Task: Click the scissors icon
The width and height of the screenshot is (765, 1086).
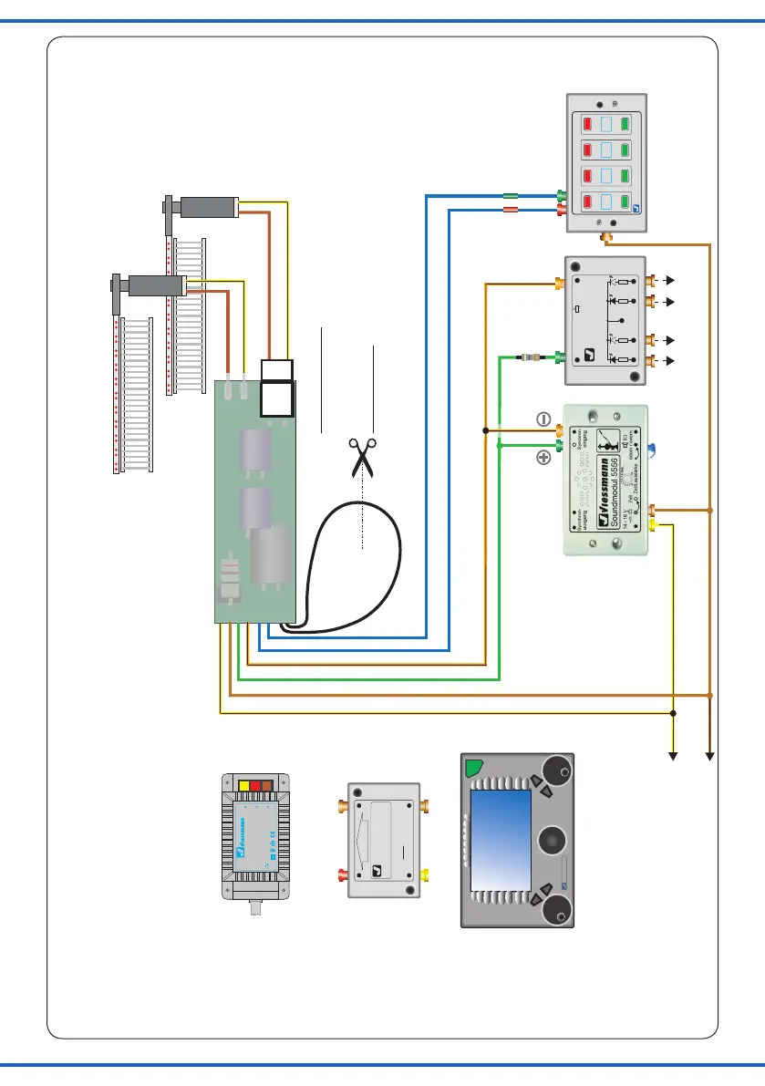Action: pyautogui.click(x=362, y=455)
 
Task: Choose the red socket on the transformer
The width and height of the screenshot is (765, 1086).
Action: pyautogui.click(x=255, y=784)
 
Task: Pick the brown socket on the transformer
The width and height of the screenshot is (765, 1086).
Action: pyautogui.click(x=269, y=784)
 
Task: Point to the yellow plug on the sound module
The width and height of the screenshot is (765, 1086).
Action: pyautogui.click(x=653, y=525)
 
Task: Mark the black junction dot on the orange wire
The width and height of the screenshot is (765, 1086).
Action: pyautogui.click(x=485, y=429)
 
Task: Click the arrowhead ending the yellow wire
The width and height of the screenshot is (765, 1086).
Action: pyautogui.click(x=674, y=754)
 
